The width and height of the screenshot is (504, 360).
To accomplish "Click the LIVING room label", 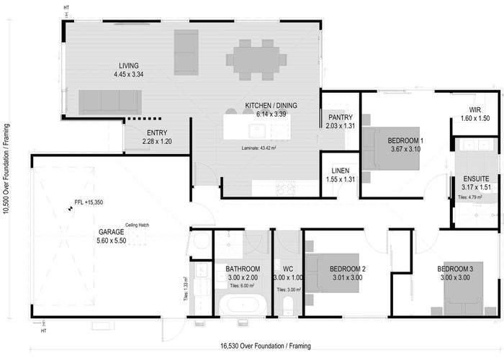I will [129, 64].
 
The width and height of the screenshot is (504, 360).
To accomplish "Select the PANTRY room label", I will [339, 117].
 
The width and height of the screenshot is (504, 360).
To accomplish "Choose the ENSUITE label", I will [476, 178].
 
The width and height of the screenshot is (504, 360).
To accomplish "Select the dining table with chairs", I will [256, 58].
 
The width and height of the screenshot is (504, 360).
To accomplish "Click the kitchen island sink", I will [257, 130].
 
